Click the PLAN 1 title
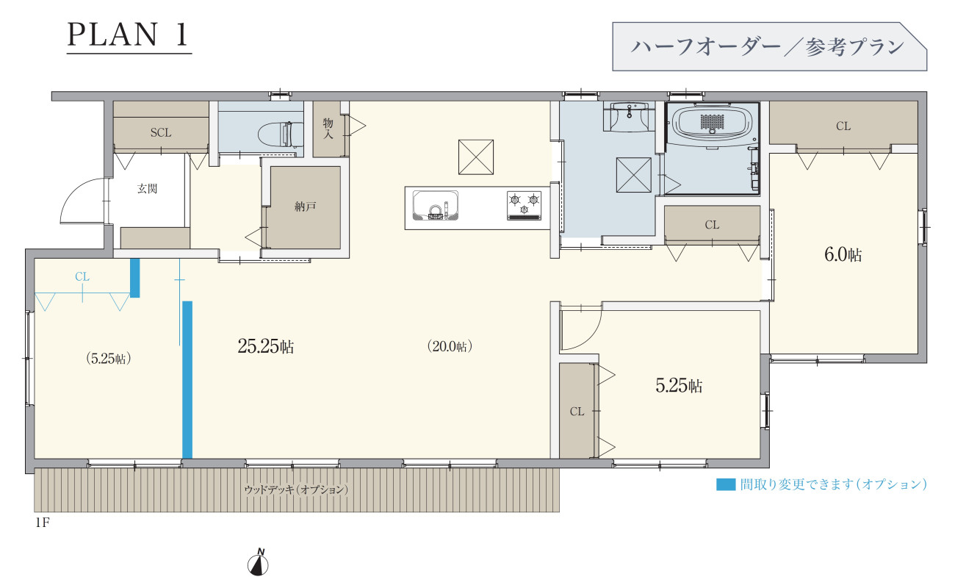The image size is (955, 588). pyautogui.click(x=128, y=35)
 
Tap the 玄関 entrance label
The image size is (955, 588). pyautogui.click(x=147, y=189)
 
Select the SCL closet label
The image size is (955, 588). pyautogui.click(x=161, y=133)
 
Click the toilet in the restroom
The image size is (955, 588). pyautogui.click(x=280, y=134)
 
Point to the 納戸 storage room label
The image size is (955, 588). pyautogui.click(x=306, y=207)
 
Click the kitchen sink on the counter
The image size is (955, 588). pyautogui.click(x=436, y=206)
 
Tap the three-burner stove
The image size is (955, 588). pyautogui.click(x=524, y=206)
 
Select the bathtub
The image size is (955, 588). pyautogui.click(x=713, y=123)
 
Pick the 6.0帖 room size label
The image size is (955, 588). pyautogui.click(x=843, y=255)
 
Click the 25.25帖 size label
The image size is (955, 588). pyautogui.click(x=266, y=346)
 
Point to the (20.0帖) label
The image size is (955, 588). pyautogui.click(x=450, y=346)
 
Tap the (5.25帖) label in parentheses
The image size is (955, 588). pyautogui.click(x=108, y=359)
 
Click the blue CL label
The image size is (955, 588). pyautogui.click(x=82, y=277)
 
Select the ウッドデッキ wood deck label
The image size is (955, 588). pyautogui.click(x=296, y=490)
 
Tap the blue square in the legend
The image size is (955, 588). pyautogui.click(x=726, y=484)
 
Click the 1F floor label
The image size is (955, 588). pyautogui.click(x=43, y=523)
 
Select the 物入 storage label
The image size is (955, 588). pyautogui.click(x=328, y=129)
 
